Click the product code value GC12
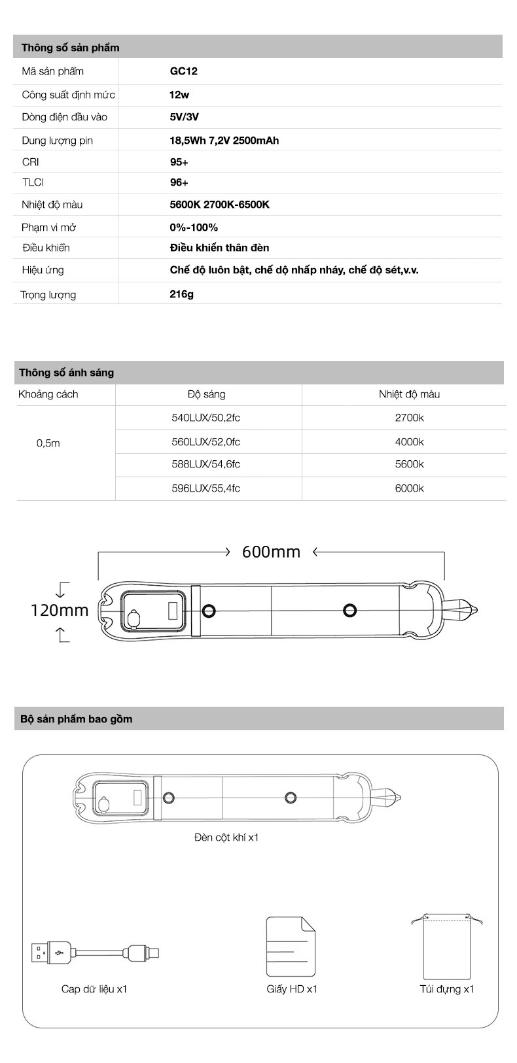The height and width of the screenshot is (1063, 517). coord(183,71)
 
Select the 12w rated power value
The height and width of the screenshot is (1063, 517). coord(179,94)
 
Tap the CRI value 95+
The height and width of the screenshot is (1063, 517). coord(179,161)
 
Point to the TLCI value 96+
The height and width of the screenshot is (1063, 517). coord(179,182)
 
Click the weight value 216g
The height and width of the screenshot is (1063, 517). coord(181,294)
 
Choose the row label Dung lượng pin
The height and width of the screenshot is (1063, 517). coord(57,140)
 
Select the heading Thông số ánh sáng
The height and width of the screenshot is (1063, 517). coord(66,373)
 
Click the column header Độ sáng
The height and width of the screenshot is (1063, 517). coord(206,394)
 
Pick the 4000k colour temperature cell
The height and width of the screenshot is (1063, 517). coord(409,441)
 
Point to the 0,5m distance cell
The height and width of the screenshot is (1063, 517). coord(48,443)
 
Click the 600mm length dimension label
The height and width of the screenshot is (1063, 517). coord(271,552)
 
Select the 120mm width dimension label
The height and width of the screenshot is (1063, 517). coord(60,610)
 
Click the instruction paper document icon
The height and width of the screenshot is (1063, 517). coord(291,946)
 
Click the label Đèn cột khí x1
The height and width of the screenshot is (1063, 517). coord(226,837)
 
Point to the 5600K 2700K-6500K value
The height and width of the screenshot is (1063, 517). coord(219,205)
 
